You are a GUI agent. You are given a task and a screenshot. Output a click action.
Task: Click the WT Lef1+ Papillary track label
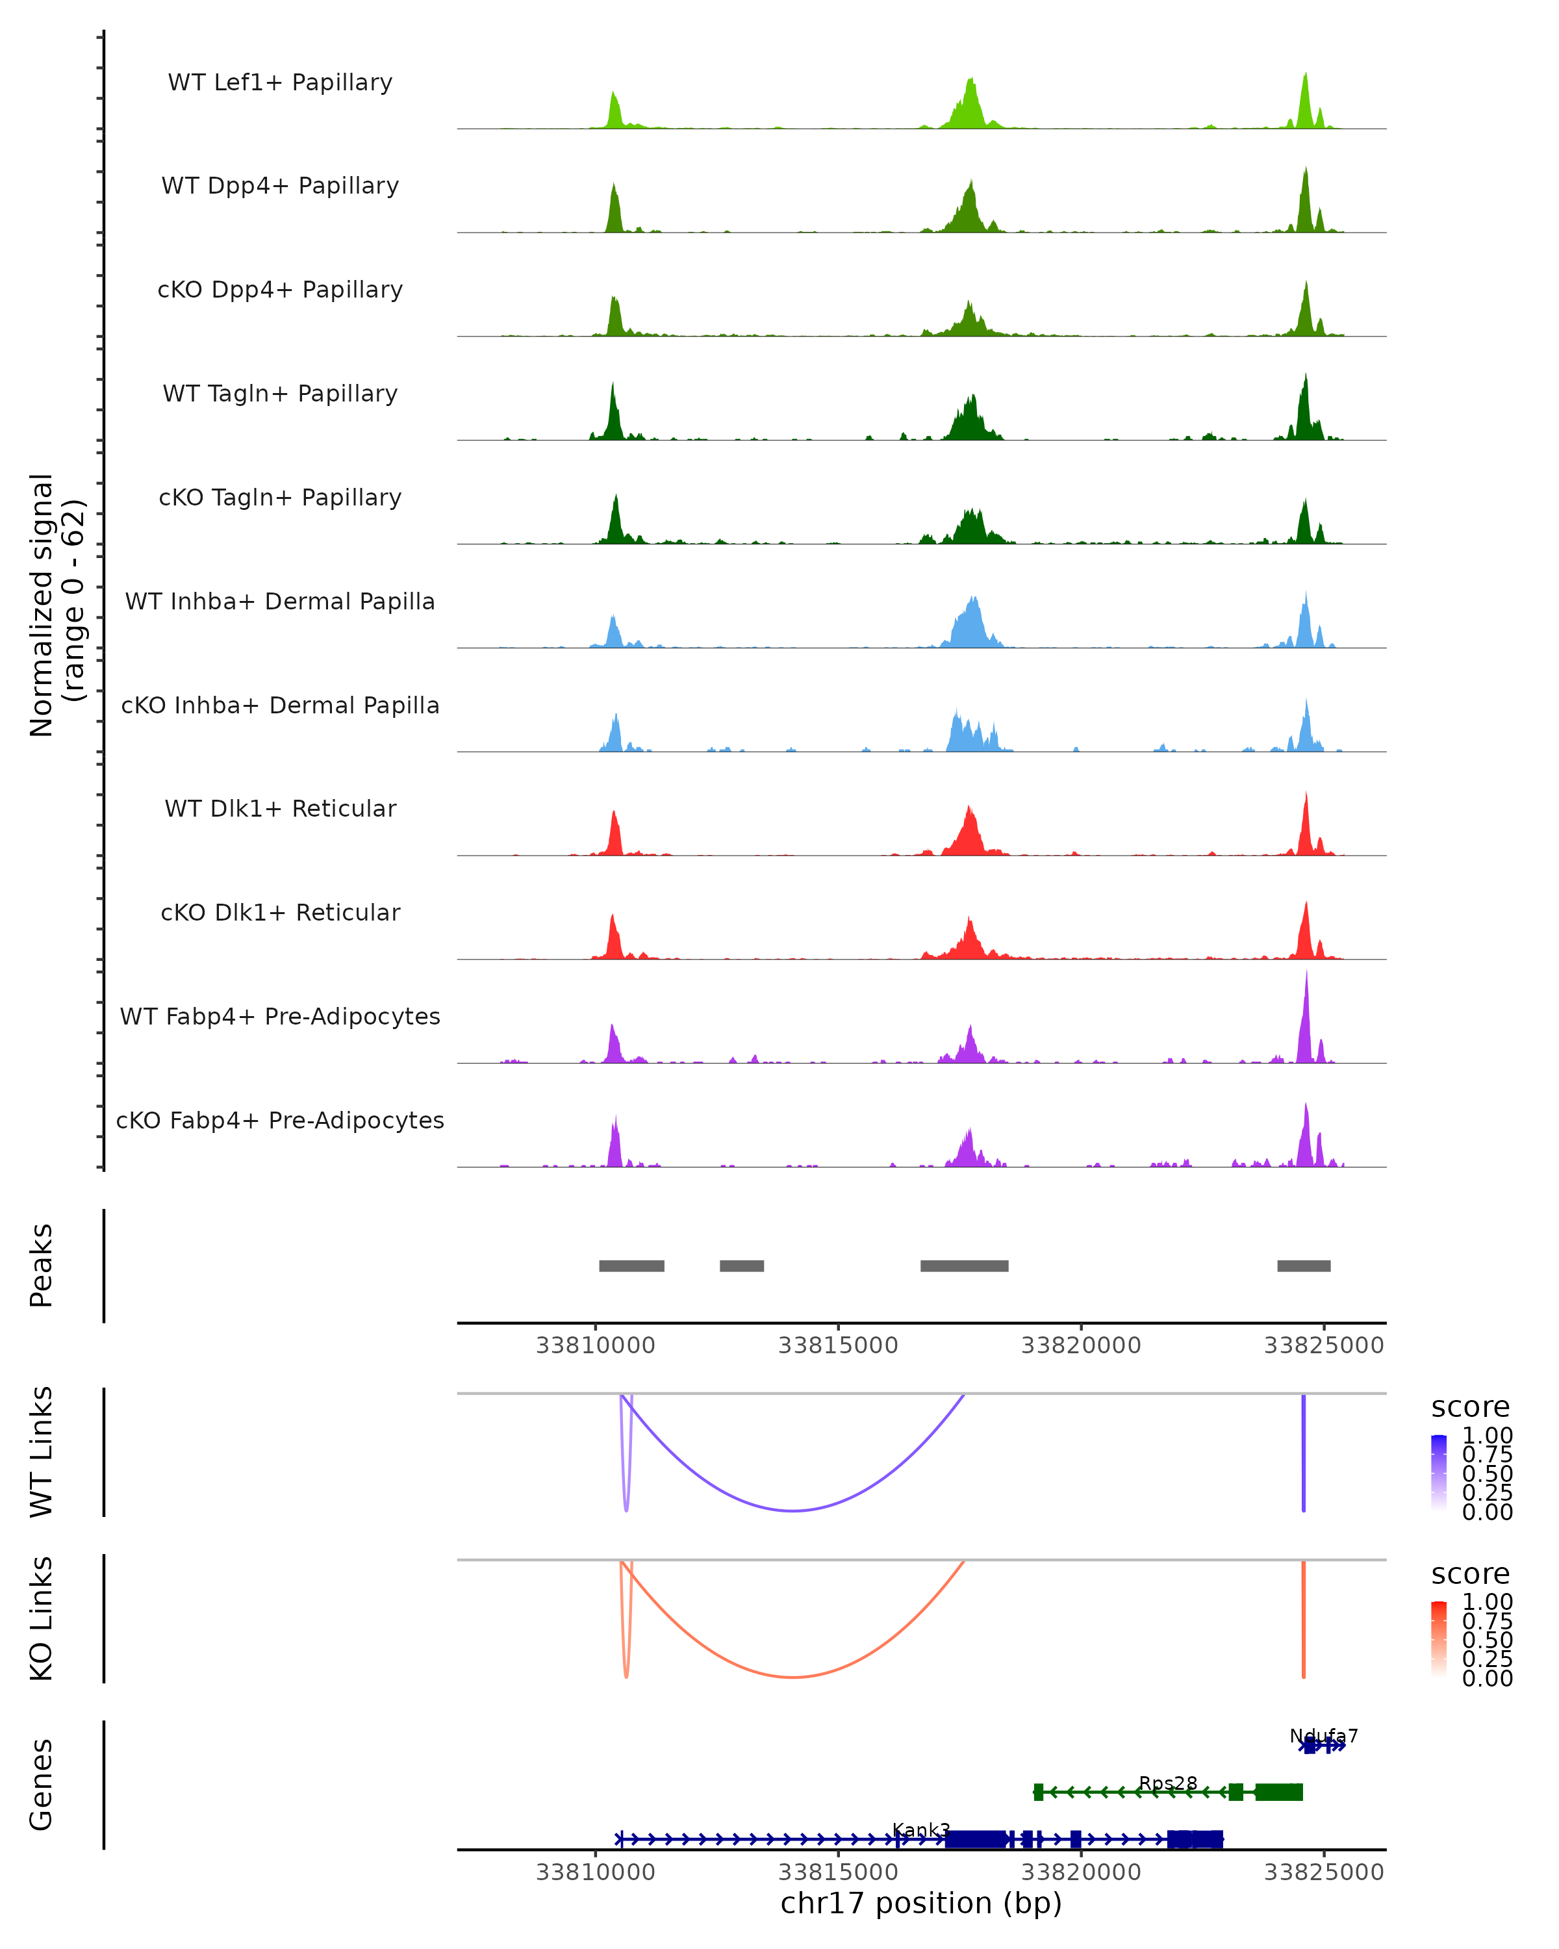[280, 83]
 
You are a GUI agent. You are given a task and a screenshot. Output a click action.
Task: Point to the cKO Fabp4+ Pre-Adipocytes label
[280, 1120]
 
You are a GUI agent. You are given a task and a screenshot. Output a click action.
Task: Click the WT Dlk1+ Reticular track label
[280, 808]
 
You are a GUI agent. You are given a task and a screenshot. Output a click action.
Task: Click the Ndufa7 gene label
[1323, 1736]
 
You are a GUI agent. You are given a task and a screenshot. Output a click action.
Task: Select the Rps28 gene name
[1168, 1783]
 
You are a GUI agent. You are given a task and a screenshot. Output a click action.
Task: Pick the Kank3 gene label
[921, 1829]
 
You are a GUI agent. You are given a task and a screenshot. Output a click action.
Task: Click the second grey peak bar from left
[742, 1266]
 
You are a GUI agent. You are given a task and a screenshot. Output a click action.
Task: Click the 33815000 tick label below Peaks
[838, 1345]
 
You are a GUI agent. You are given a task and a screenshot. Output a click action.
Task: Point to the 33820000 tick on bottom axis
[1081, 1872]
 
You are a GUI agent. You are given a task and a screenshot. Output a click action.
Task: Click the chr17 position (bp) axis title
[921, 1903]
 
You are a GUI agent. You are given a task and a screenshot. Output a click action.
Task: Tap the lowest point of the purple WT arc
[792, 1510]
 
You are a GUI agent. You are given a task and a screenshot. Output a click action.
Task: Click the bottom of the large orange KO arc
[792, 1677]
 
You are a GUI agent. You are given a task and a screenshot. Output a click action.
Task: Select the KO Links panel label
[42, 1618]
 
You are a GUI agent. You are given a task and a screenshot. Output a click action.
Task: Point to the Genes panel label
[42, 1785]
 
